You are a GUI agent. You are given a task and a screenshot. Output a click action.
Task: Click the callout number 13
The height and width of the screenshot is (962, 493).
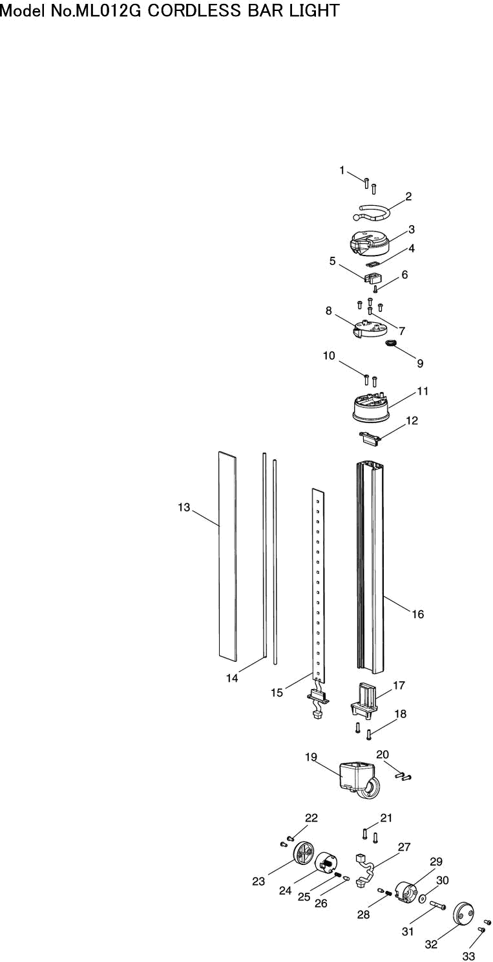184,507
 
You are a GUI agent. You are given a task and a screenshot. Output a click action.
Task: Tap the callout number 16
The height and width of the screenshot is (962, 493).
417,614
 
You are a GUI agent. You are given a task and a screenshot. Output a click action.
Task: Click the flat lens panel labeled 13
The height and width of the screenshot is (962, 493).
227,556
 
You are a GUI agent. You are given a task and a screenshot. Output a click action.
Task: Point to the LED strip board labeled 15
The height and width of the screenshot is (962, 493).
319,585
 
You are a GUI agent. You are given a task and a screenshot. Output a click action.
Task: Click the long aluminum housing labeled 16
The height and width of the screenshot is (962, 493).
370,567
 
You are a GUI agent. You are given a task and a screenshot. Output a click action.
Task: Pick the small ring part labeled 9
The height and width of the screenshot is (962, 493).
391,343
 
